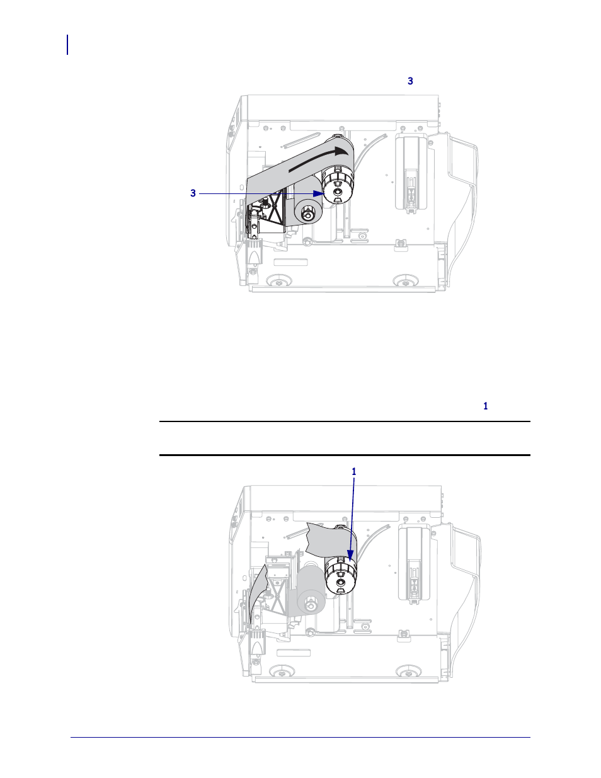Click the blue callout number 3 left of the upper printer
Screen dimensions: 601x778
[x=193, y=193]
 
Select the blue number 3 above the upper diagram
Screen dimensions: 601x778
[x=410, y=81]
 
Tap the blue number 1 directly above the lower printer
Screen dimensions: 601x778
[x=354, y=472]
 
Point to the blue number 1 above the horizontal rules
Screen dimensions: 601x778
[x=485, y=406]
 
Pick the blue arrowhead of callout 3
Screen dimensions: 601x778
[x=319, y=193]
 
